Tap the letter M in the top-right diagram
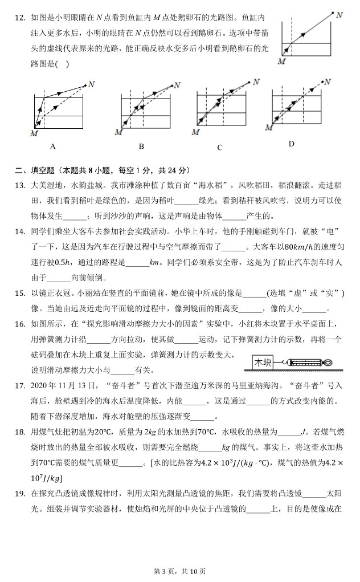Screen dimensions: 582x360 point(281,62)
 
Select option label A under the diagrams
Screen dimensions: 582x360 point(53,146)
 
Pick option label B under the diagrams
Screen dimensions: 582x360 point(141,146)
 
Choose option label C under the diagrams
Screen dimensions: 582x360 point(219,148)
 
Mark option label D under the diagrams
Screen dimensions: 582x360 point(291,144)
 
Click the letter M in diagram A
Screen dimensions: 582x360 point(34,133)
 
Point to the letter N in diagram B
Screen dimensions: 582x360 point(177,85)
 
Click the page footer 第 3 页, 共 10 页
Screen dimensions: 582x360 point(179,571)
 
